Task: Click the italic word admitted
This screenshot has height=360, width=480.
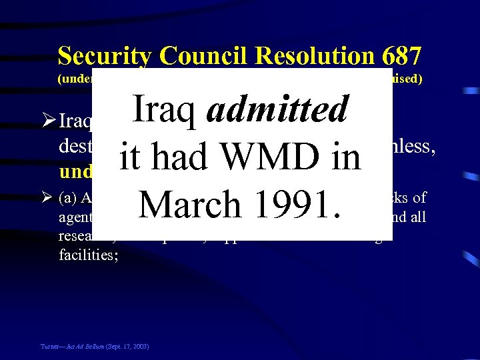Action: pos(277,109)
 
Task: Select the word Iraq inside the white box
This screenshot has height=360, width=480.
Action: pos(166,109)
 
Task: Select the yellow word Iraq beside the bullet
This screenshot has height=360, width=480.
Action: pos(75,123)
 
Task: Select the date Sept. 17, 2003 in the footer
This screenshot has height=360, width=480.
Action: pos(125,347)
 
